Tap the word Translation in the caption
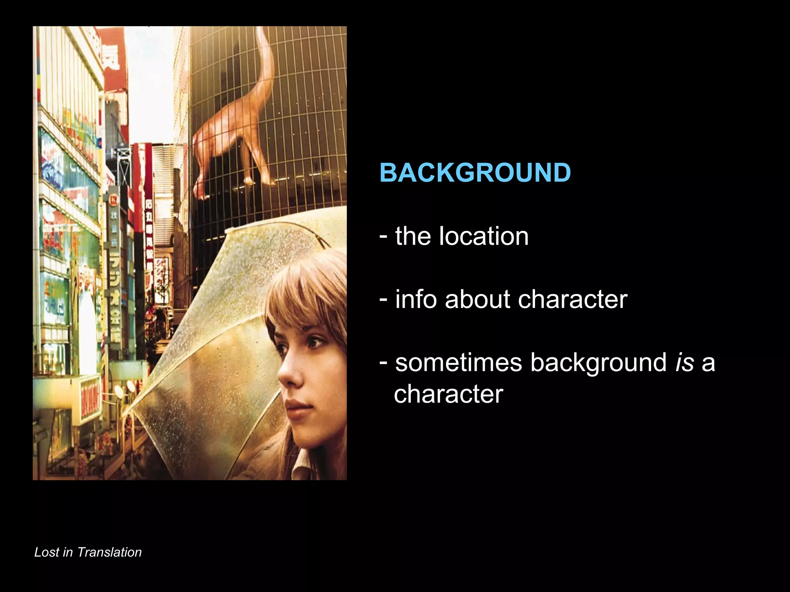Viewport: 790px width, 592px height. tap(109, 552)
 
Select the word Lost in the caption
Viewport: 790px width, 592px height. tap(46, 552)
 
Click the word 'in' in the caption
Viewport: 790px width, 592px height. tap(68, 552)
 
